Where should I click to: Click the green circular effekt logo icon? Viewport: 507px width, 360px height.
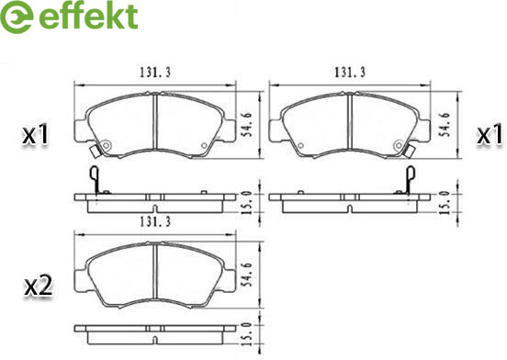pos(17,17)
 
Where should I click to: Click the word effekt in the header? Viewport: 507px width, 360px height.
pos(88,16)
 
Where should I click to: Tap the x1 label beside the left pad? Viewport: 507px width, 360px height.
pos(36,135)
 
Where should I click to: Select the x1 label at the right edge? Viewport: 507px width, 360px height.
pos(490,134)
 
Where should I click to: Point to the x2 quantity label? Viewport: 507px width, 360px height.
pos(39,286)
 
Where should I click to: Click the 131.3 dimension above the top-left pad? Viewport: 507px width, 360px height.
pos(155,73)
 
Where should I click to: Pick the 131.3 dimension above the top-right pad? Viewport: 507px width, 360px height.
pos(350,73)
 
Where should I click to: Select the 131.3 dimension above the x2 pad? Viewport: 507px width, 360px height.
pos(155,221)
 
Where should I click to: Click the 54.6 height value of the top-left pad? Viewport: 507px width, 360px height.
pos(248,125)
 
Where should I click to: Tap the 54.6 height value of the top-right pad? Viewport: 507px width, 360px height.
pos(445,125)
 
